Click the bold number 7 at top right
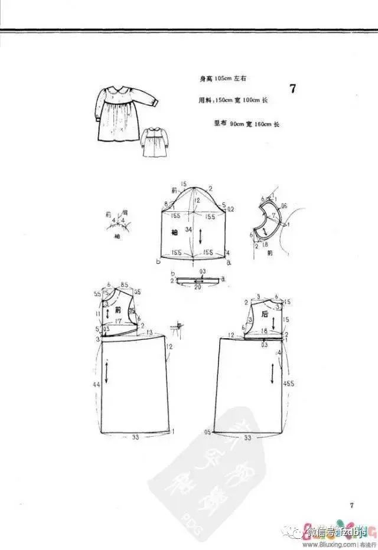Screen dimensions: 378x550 [x=293, y=90]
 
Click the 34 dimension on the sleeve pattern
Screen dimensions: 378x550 [x=188, y=229]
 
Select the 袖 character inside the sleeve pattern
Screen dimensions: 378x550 [x=174, y=231]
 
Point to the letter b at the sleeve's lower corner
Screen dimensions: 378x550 [x=158, y=260]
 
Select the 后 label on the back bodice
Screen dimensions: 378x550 [x=266, y=315]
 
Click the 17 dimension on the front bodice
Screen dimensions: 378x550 [x=119, y=321]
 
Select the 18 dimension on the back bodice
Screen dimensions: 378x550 [x=265, y=331]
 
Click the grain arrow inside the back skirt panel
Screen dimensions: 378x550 [x=272, y=372]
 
